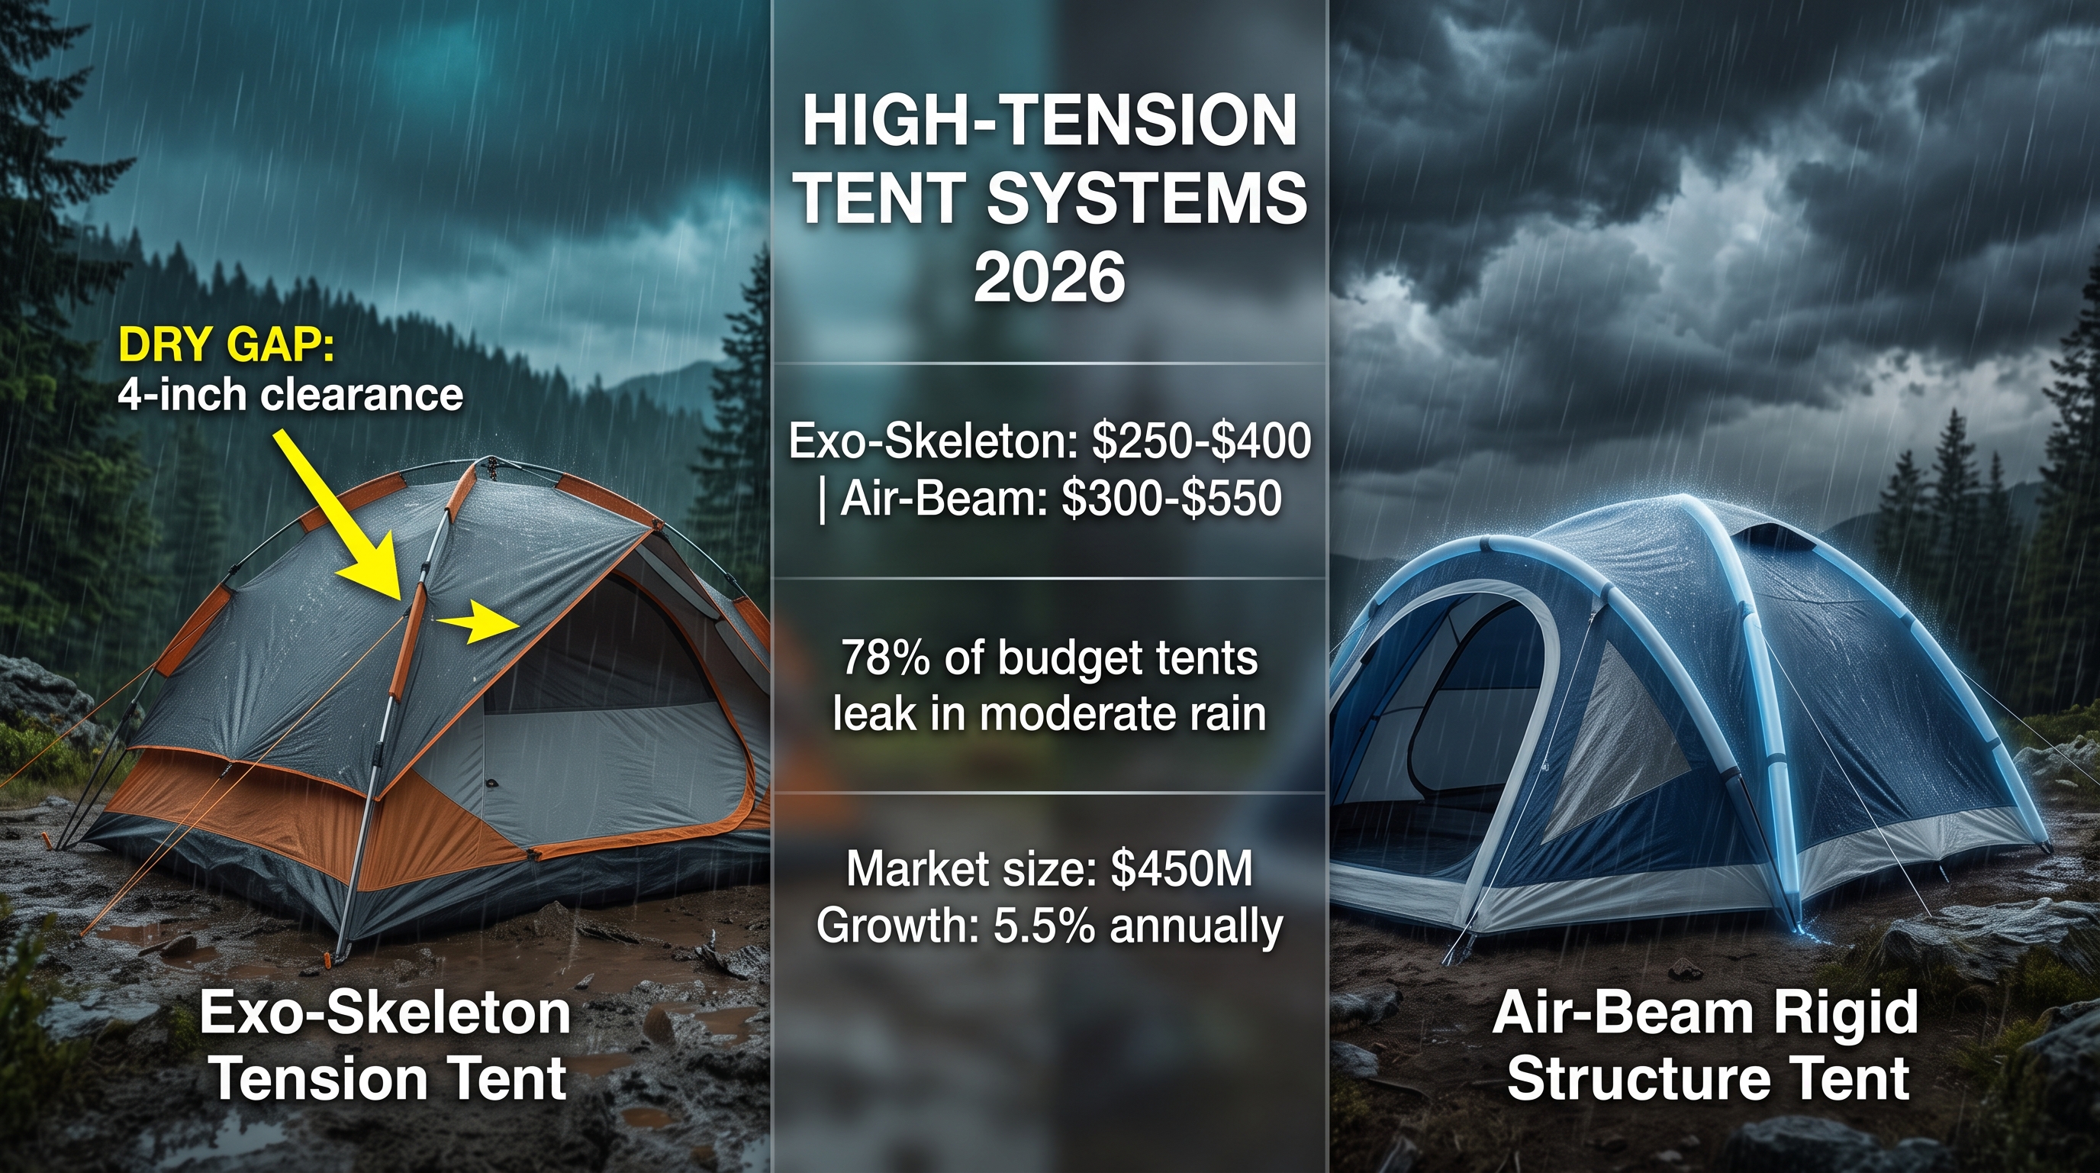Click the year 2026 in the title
[1049, 277]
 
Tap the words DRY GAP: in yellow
[226, 346]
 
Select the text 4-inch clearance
[290, 396]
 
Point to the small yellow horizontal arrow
[476, 625]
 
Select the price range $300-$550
[1171, 499]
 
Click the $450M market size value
[1181, 869]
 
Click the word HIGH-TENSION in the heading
[1049, 121]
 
